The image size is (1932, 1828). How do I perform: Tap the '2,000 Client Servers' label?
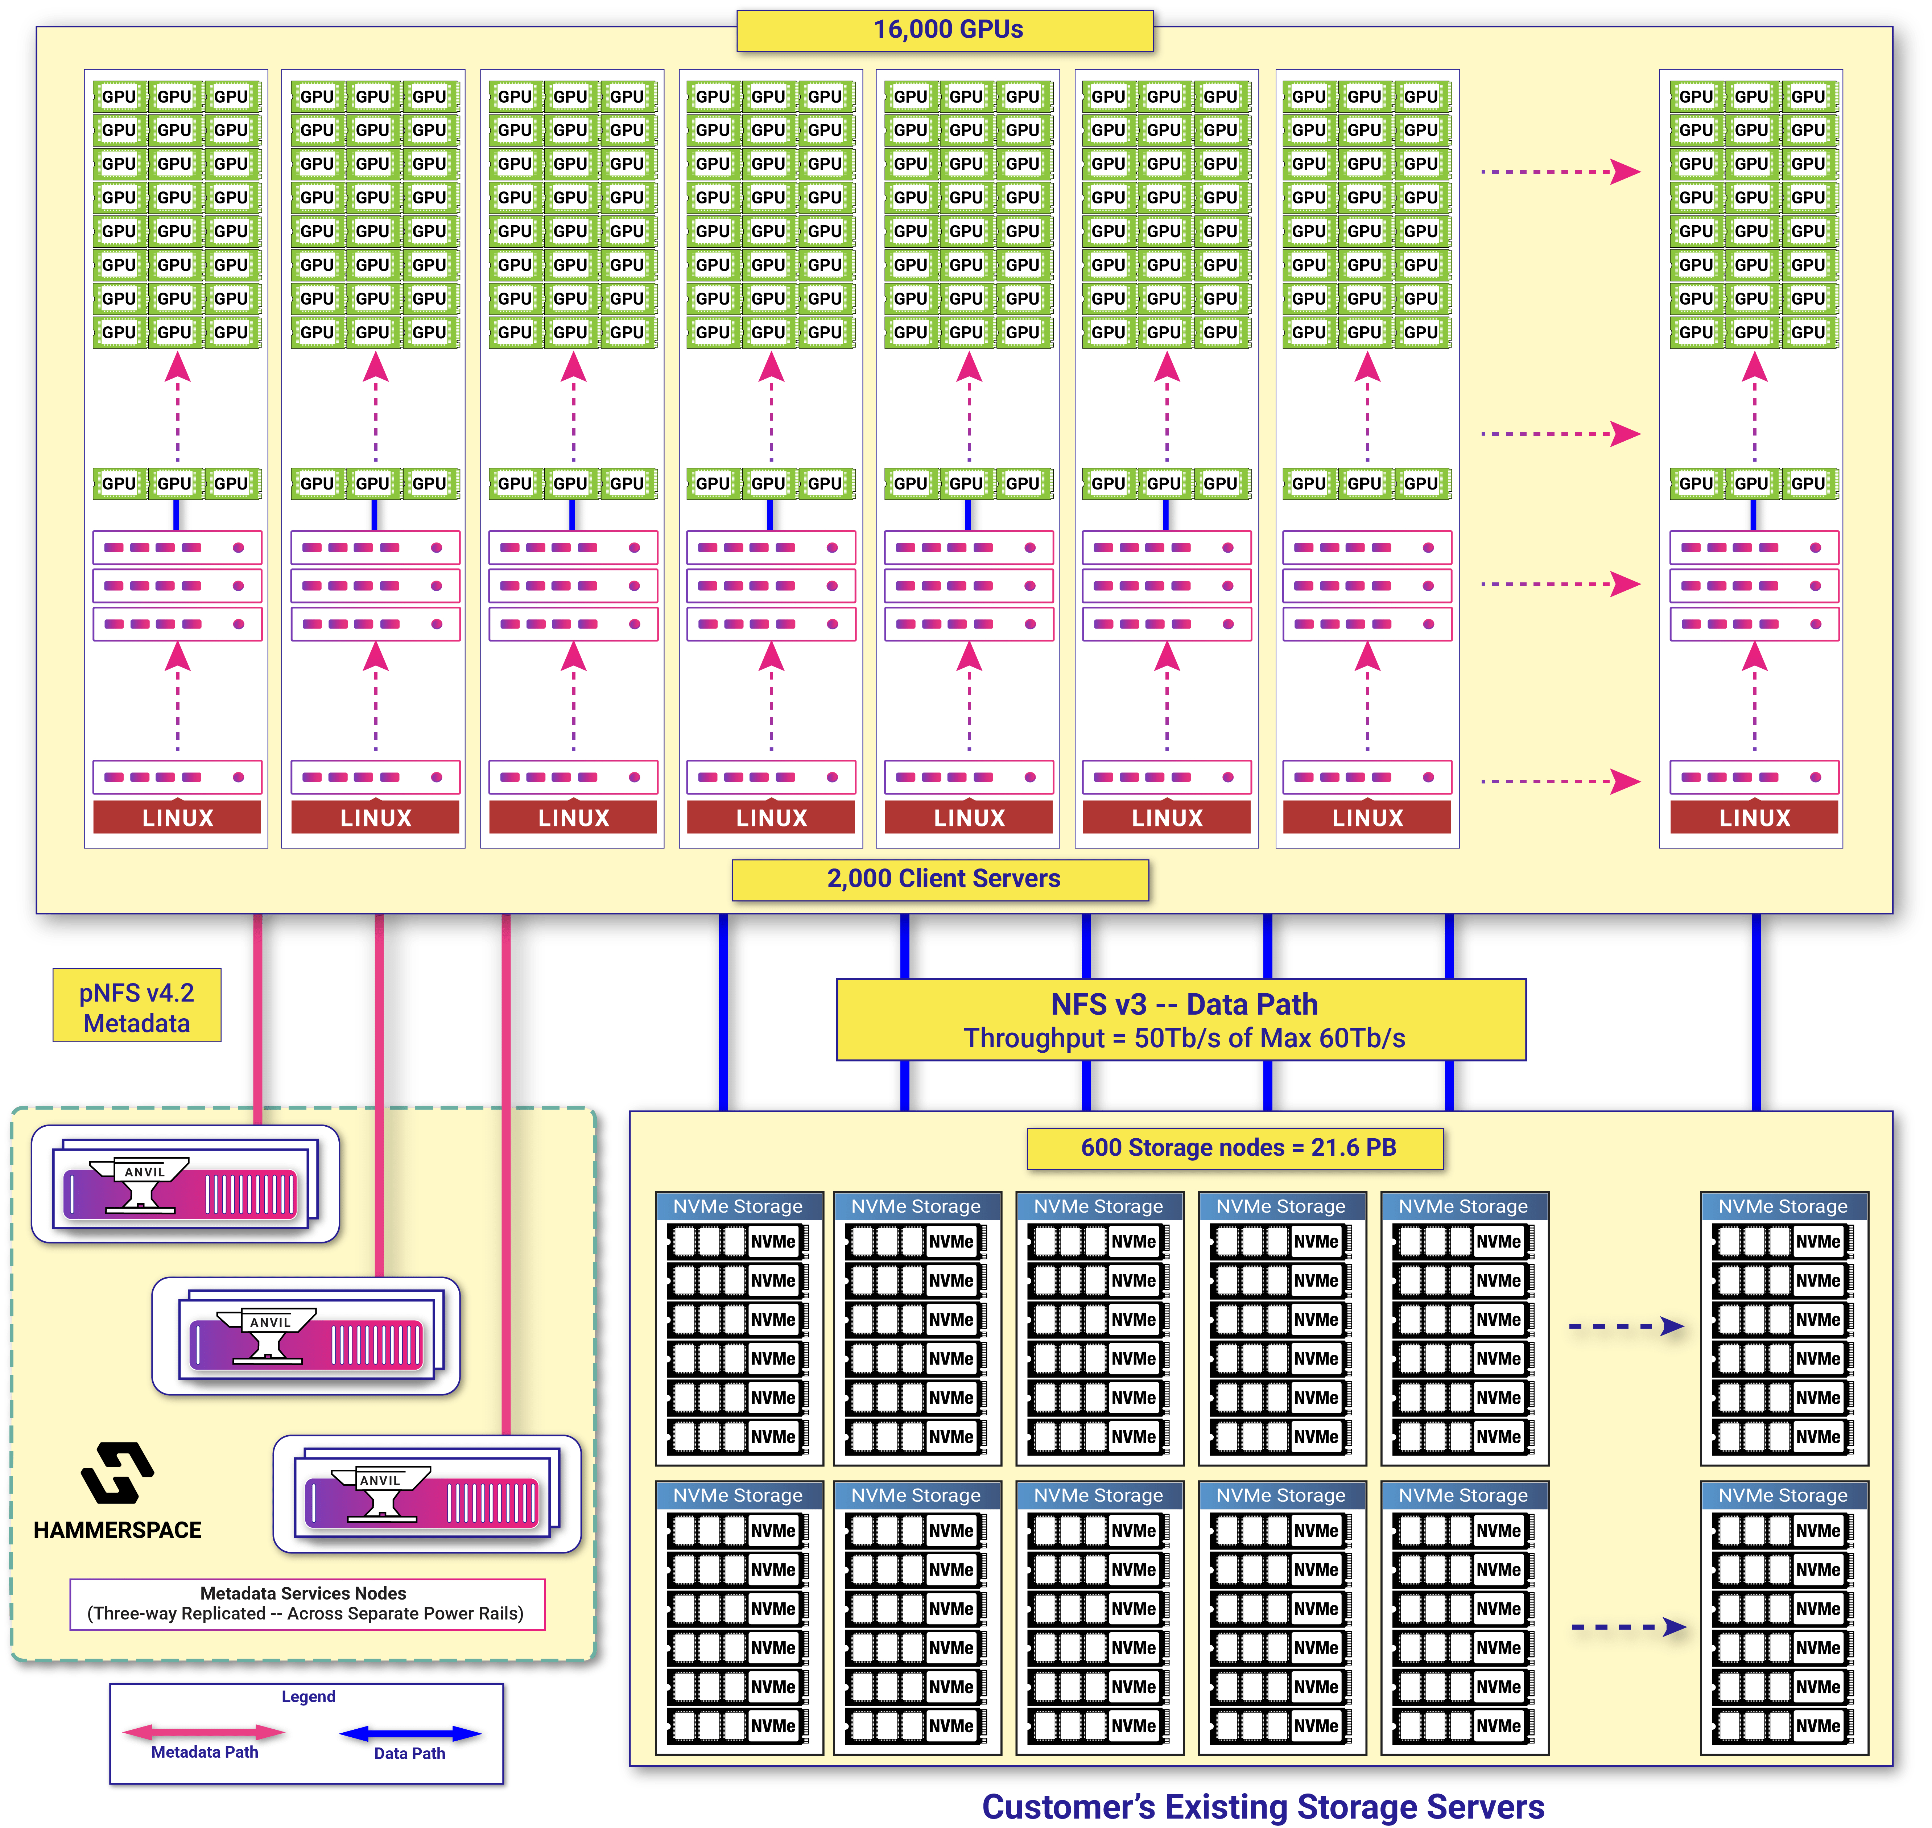tap(941, 879)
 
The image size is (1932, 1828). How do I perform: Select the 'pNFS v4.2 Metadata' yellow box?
tap(136, 1007)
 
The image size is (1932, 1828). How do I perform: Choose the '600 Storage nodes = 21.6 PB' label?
tap(1235, 1148)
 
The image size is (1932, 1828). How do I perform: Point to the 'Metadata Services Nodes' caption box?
tap(306, 1603)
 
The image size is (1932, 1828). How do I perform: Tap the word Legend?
tap(308, 1696)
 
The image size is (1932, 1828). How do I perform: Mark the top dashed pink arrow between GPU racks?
tap(1559, 173)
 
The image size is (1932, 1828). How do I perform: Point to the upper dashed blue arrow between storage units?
tap(1625, 1326)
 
